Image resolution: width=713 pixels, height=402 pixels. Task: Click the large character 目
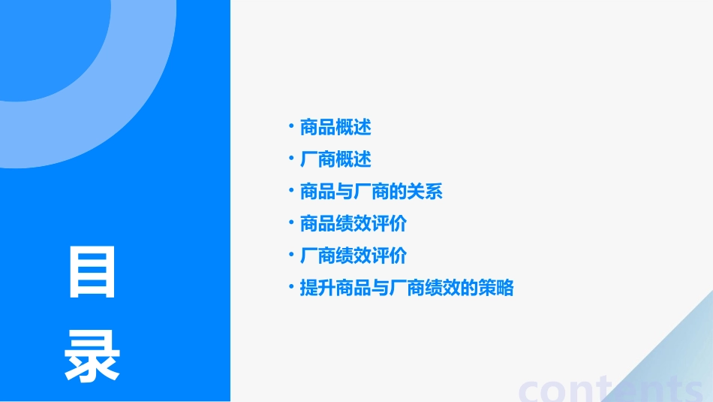pyautogui.click(x=92, y=272)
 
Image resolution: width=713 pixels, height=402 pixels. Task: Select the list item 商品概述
pyautogui.click(x=335, y=128)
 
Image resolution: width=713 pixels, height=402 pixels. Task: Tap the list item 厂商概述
pyautogui.click(x=335, y=160)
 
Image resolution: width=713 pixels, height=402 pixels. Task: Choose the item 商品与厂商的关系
pyautogui.click(x=371, y=192)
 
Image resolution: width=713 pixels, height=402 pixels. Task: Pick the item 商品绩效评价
pyautogui.click(x=353, y=224)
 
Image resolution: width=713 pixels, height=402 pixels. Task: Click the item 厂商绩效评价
pyautogui.click(x=353, y=256)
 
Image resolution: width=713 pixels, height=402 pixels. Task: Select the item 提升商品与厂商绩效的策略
pyautogui.click(x=406, y=288)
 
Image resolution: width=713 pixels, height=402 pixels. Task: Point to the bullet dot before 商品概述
pyautogui.click(x=291, y=126)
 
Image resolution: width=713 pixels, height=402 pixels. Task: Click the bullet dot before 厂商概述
pyautogui.click(x=291, y=159)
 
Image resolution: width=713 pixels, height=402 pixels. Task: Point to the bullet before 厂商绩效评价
pyautogui.click(x=291, y=255)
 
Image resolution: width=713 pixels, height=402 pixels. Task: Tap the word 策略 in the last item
pyautogui.click(x=495, y=288)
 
